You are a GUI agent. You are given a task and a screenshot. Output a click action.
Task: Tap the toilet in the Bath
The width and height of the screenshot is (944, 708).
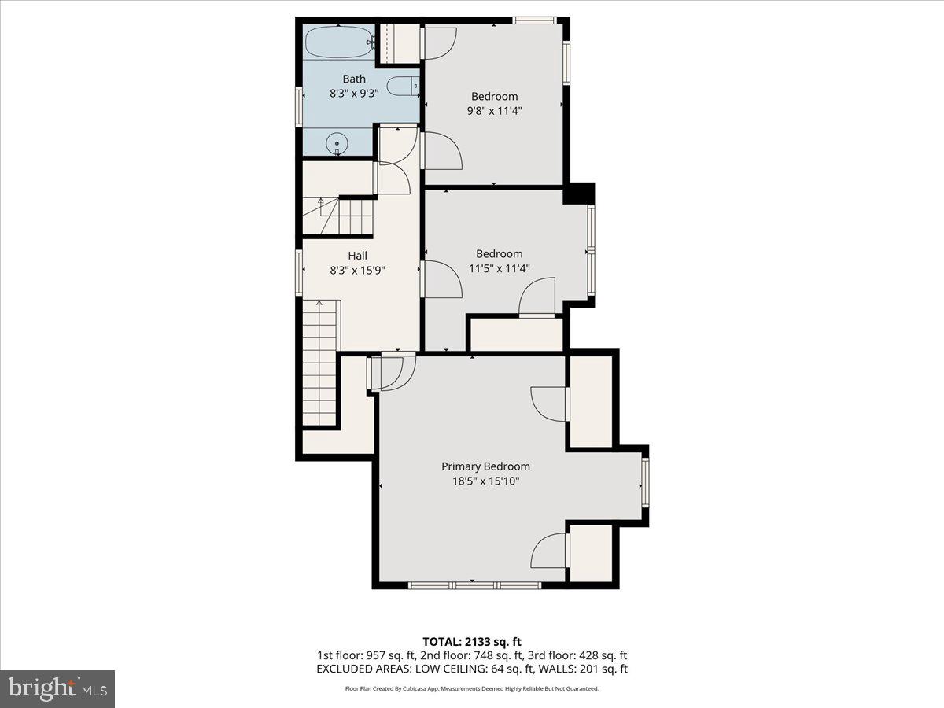click(x=405, y=86)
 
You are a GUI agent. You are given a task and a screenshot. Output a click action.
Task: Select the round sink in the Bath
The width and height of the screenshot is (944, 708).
click(x=337, y=143)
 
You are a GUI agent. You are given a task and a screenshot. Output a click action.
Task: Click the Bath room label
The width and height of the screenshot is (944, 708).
click(x=354, y=79)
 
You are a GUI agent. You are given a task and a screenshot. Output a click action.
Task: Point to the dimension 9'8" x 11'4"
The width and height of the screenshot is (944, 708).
click(x=494, y=111)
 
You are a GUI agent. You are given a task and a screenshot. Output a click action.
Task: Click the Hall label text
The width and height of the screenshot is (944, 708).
click(x=358, y=256)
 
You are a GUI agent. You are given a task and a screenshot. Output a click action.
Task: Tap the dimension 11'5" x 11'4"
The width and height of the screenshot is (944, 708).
click(x=499, y=268)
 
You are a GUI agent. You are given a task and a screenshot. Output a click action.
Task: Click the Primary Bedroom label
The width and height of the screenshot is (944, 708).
click(x=485, y=466)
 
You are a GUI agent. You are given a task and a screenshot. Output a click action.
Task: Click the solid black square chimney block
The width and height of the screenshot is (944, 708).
click(x=581, y=194)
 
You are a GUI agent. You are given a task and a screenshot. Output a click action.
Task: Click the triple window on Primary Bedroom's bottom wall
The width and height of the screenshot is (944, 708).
click(x=474, y=585)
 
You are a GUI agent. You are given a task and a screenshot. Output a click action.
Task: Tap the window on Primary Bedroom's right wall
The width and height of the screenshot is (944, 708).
click(x=645, y=483)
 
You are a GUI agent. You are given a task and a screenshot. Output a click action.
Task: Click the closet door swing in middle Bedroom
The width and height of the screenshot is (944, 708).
click(x=537, y=299)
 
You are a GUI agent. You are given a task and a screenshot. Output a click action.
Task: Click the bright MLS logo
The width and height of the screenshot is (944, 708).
click(x=57, y=688)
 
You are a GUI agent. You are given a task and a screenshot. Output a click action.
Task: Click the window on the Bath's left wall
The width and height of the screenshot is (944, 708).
click(x=300, y=105)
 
